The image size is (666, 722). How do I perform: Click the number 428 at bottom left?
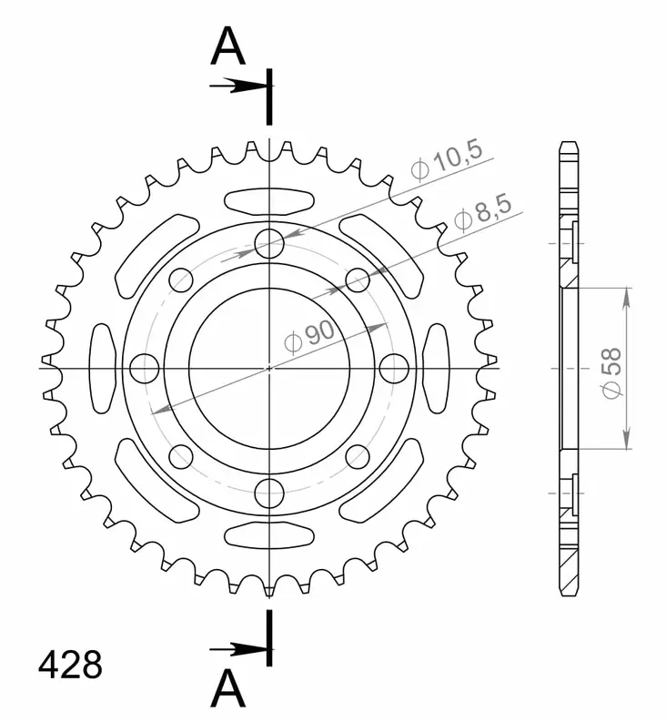pyautogui.click(x=70, y=666)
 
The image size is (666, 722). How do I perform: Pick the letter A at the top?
pyautogui.click(x=228, y=47)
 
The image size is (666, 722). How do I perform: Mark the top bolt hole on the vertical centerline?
pyautogui.click(x=269, y=243)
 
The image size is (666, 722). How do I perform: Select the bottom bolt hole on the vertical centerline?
pyautogui.click(x=269, y=493)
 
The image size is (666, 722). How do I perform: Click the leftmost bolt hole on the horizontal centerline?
pyautogui.click(x=145, y=368)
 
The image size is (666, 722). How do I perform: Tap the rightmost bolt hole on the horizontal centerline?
pyautogui.click(x=394, y=368)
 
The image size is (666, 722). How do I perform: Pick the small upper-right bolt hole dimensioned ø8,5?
pyautogui.click(x=358, y=280)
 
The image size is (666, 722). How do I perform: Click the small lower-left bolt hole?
pyautogui.click(x=181, y=456)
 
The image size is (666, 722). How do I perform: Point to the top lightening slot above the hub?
pyautogui.click(x=269, y=200)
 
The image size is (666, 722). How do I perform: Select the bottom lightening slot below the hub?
pyautogui.click(x=269, y=534)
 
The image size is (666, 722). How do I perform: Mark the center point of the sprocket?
pyautogui.click(x=269, y=368)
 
